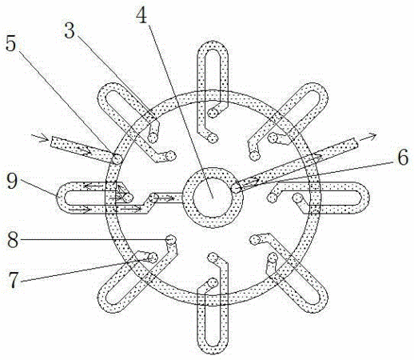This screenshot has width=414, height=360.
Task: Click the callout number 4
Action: coord(141,15)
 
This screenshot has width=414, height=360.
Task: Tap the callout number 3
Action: coord(70,30)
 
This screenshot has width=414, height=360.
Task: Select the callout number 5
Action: coord(11,43)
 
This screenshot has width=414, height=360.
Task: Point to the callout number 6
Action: coord(403,158)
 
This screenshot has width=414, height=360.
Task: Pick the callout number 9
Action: coord(12,181)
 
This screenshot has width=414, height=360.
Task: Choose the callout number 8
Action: coord(13,239)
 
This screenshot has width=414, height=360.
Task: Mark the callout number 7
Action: coord(14,280)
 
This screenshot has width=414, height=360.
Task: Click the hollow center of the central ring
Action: coord(213,198)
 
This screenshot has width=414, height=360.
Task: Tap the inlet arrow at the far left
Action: coord(40,138)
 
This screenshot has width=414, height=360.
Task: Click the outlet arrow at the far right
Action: coord(368,137)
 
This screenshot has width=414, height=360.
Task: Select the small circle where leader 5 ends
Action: coord(117,159)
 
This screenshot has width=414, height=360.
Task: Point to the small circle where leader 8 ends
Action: coord(171,240)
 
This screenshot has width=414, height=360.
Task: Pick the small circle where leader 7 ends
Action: coord(153,258)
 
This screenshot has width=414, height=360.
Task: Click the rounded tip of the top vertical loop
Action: coord(213,45)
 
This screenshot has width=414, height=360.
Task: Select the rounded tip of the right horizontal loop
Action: coord(365,198)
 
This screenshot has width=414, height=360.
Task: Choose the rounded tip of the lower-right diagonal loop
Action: coord(321,305)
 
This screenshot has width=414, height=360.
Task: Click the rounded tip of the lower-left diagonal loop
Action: coord(105,305)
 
